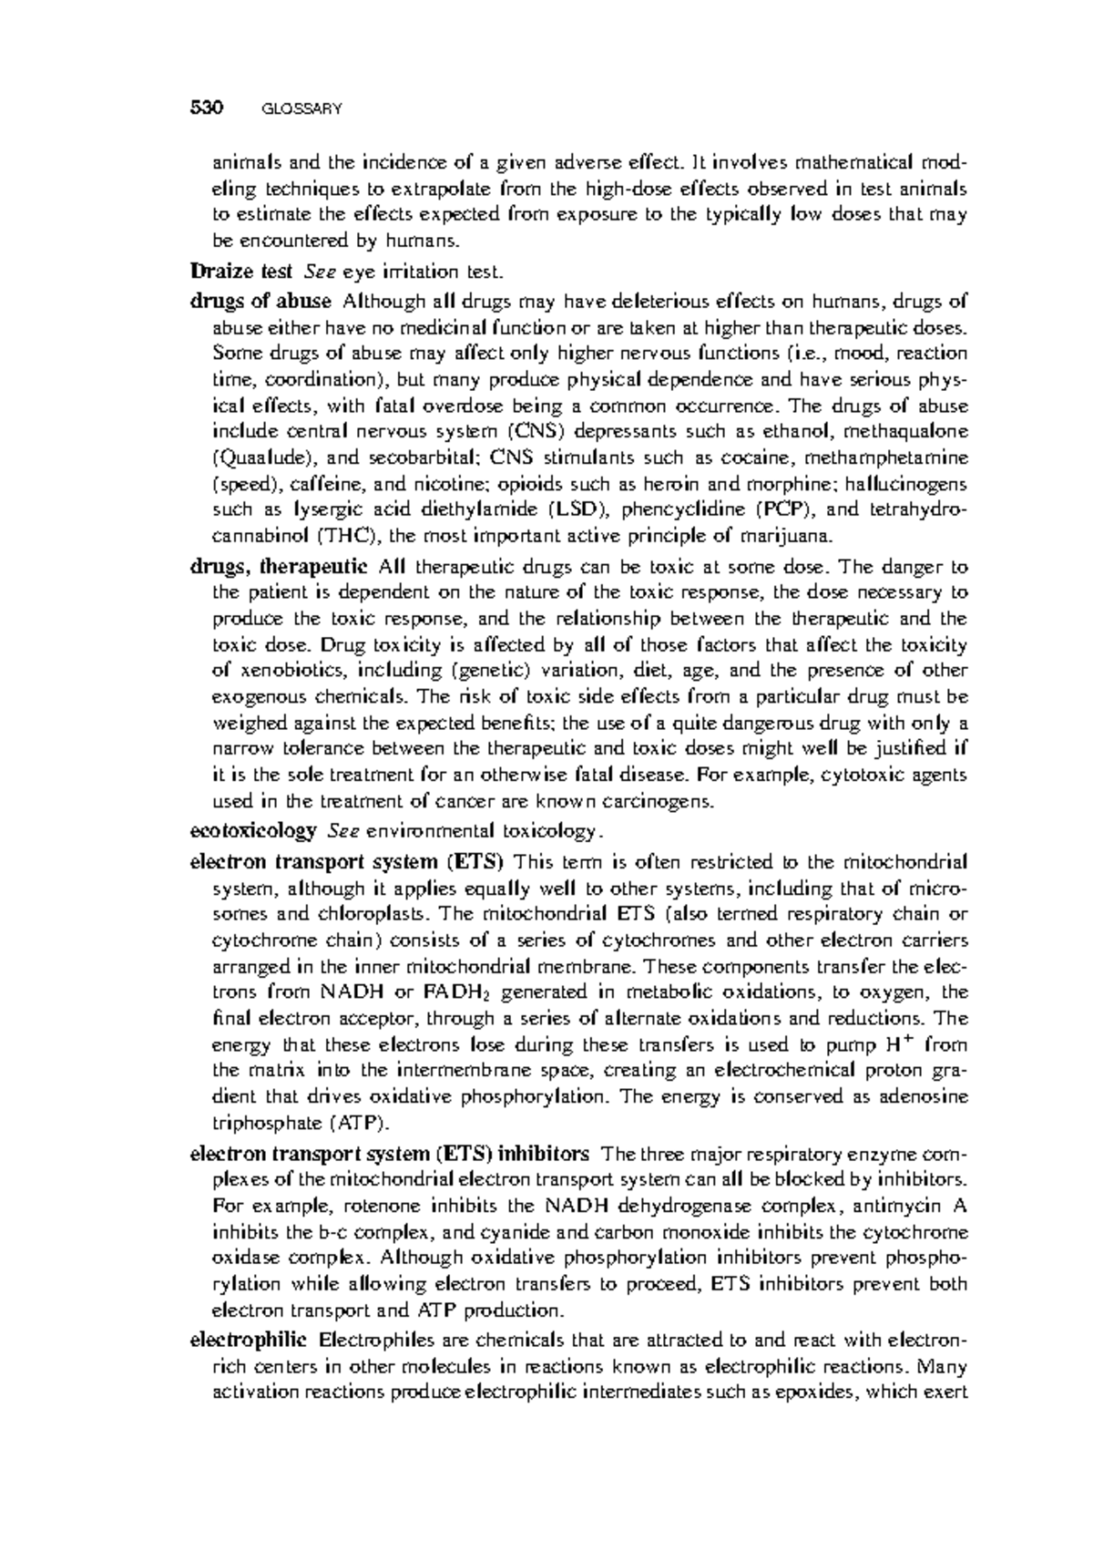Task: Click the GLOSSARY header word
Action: (x=301, y=109)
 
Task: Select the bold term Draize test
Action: (x=240, y=272)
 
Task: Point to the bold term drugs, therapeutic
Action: (x=279, y=567)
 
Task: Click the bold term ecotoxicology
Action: (x=252, y=831)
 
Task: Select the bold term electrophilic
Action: (x=247, y=1341)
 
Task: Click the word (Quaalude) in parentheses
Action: (x=263, y=457)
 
